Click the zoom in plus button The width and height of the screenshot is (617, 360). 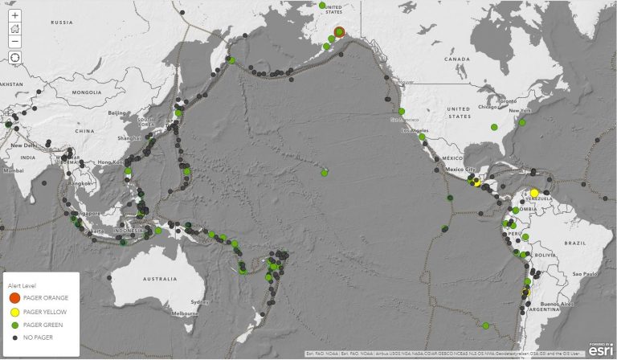(x=15, y=15)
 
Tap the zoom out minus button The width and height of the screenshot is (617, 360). (x=15, y=41)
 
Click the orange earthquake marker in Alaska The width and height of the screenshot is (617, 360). (x=339, y=32)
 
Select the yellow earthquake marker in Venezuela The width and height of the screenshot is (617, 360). (x=534, y=192)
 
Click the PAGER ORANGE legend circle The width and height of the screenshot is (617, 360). (x=14, y=298)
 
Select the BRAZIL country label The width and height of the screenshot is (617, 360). (x=575, y=242)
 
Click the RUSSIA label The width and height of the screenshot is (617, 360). (x=62, y=22)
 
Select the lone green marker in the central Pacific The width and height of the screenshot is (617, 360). (x=325, y=173)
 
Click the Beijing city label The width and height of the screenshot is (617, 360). (x=118, y=113)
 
